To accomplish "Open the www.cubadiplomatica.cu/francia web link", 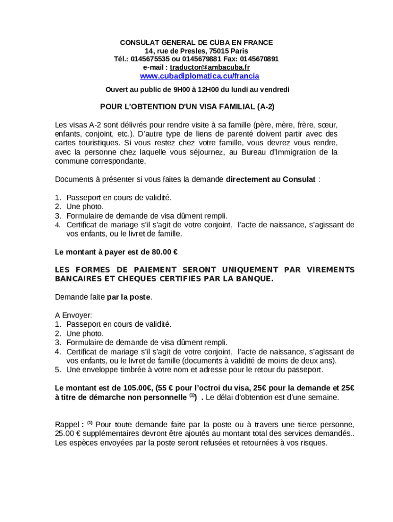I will (x=200, y=76).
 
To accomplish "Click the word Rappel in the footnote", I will (x=66, y=424).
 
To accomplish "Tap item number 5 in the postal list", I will (x=58, y=370).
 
